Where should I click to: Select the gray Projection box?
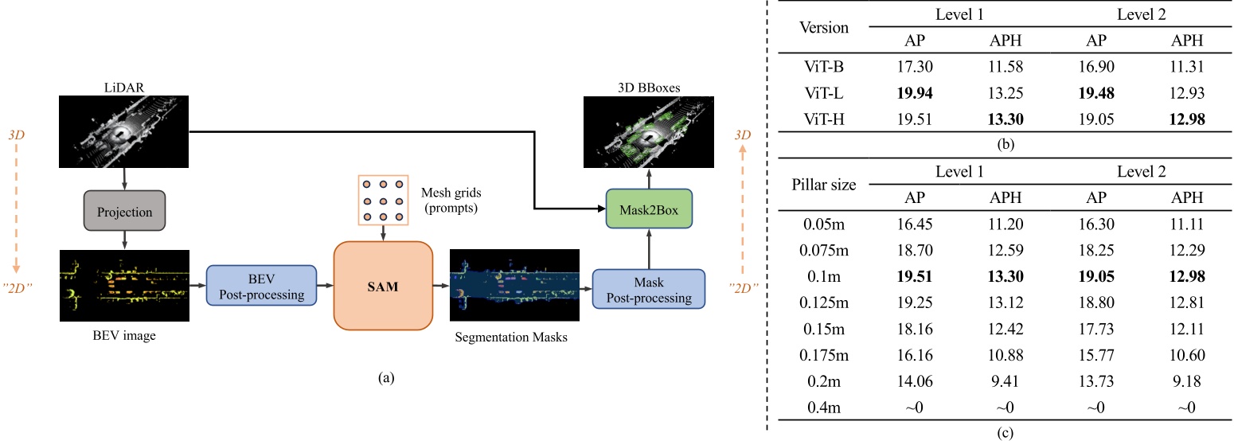(x=123, y=213)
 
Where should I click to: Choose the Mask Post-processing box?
(x=649, y=291)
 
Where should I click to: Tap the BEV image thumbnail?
(x=123, y=285)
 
